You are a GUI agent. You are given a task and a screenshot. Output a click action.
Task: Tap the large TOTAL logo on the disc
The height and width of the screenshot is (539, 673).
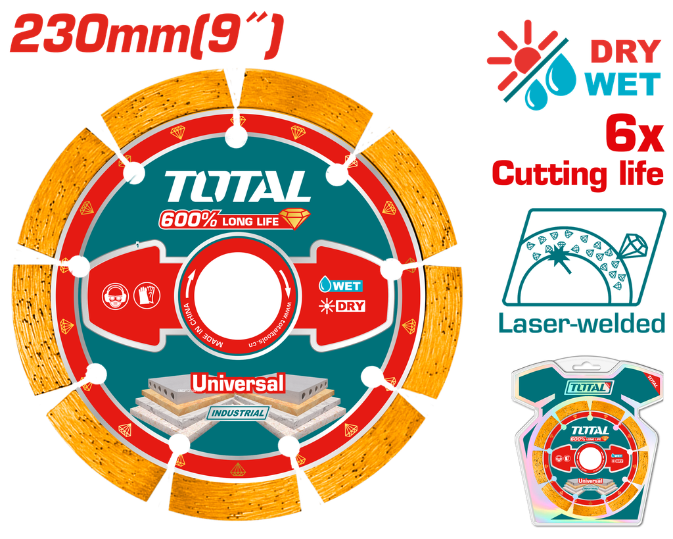[x=238, y=187]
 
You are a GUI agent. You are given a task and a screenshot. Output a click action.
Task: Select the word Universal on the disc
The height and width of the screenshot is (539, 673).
[x=237, y=383]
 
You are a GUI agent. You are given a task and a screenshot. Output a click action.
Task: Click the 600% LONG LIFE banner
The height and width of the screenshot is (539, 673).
[x=227, y=220]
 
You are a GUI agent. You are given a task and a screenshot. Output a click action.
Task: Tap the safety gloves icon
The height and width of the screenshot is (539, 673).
[x=147, y=294]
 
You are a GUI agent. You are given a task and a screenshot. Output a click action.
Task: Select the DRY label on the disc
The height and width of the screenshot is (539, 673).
[x=341, y=306]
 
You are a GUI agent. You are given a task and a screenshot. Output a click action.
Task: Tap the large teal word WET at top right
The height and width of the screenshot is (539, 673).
[x=624, y=84]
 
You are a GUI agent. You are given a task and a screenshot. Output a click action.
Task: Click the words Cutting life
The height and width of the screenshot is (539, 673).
[x=578, y=174]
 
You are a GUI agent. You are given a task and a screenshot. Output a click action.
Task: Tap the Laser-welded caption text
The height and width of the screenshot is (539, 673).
[x=580, y=323]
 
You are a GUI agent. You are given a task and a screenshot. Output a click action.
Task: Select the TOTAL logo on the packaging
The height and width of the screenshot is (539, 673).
[x=590, y=388]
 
